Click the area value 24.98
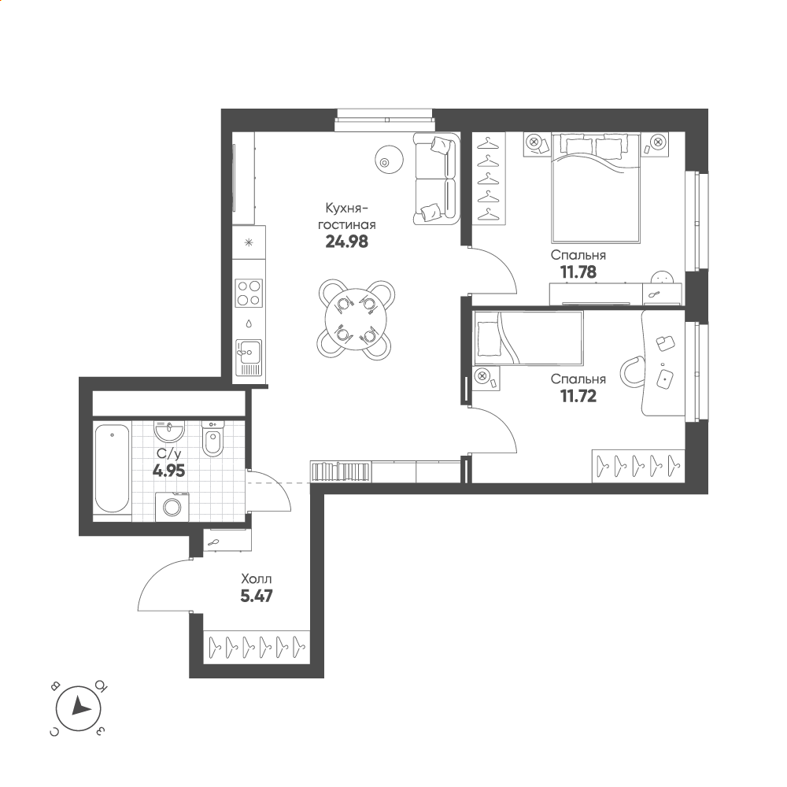pyautogui.click(x=346, y=242)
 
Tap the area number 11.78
pyautogui.click(x=578, y=272)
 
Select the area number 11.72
pyautogui.click(x=578, y=396)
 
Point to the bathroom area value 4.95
pyautogui.click(x=168, y=471)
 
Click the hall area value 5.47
pyautogui.click(x=257, y=596)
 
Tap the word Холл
pyautogui.click(x=257, y=578)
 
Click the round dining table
pyautogui.click(x=356, y=320)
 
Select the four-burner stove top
pyautogui.click(x=249, y=293)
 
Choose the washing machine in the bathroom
pyautogui.click(x=172, y=507)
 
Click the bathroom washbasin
pyautogui.click(x=170, y=430)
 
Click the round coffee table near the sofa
pyautogui.click(x=389, y=160)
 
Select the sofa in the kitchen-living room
pyautogui.click(x=437, y=178)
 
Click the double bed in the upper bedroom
pyautogui.click(x=596, y=188)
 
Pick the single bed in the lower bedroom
pyautogui.click(x=529, y=338)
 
